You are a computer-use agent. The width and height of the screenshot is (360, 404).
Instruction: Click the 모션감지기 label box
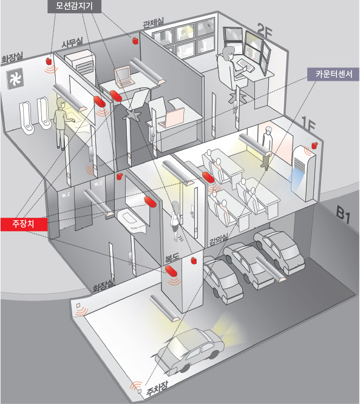[74, 6]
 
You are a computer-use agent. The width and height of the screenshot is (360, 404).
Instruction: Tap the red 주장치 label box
[24, 224]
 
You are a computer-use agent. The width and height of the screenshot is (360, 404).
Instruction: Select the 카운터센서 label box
[334, 75]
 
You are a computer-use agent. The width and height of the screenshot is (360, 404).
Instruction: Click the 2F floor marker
[265, 32]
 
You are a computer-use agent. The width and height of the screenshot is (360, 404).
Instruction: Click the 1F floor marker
[308, 125]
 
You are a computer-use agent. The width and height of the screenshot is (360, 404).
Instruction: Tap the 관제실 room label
[153, 23]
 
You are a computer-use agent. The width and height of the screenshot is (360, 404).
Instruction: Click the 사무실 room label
[72, 42]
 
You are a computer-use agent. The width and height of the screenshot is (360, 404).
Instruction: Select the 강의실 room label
[219, 240]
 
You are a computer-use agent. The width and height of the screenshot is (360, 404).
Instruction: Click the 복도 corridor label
[172, 258]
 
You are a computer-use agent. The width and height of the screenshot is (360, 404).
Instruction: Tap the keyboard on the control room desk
[245, 65]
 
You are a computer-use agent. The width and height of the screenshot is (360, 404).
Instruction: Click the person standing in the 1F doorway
[267, 147]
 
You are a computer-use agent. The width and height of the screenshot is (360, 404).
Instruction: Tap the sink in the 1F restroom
[131, 220]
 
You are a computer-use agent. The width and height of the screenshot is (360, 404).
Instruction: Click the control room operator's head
[229, 53]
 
